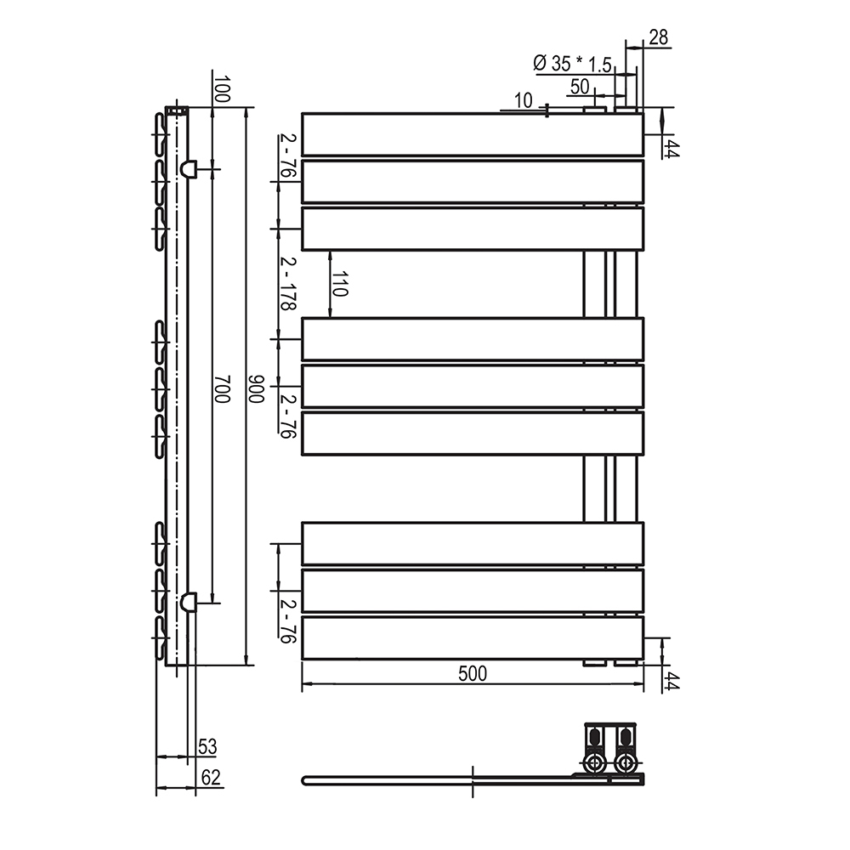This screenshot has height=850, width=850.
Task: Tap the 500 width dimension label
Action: (472, 674)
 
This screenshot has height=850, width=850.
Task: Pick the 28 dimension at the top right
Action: (658, 37)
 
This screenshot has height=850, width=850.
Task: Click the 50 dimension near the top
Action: (580, 86)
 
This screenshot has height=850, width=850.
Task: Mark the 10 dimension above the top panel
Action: (524, 101)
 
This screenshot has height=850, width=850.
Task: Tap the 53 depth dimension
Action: (207, 747)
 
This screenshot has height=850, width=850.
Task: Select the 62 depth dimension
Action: (210, 777)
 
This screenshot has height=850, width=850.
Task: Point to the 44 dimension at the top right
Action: (671, 150)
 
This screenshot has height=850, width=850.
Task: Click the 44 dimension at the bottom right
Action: (671, 681)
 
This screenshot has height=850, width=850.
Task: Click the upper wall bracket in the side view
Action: (188, 168)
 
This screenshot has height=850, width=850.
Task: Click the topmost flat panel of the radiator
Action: (472, 134)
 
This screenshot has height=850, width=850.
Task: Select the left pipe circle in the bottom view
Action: (594, 762)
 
